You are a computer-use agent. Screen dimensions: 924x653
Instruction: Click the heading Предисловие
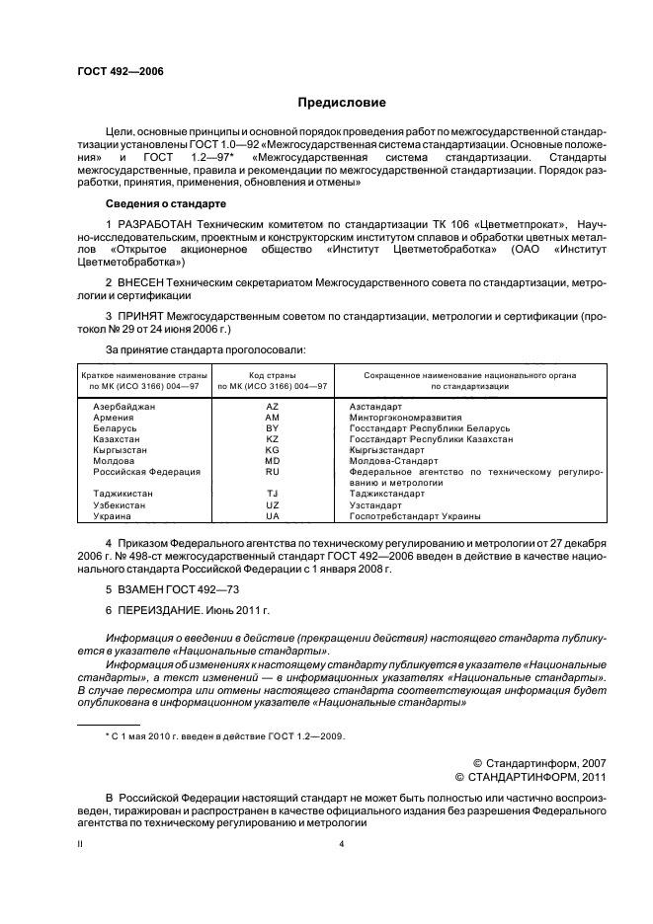[x=342, y=103]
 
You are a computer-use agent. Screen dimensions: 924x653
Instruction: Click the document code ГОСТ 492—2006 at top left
[x=121, y=72]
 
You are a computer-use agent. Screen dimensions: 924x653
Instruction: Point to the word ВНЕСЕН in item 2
[x=142, y=283]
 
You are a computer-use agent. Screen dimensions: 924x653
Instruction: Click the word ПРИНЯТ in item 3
[x=142, y=317]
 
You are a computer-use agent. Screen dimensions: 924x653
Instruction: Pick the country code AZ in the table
[x=273, y=407]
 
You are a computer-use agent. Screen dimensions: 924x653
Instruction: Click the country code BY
[x=273, y=428]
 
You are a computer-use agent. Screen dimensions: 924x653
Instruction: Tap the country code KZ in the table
[x=273, y=439]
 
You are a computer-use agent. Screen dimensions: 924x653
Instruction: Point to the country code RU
[x=273, y=472]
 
